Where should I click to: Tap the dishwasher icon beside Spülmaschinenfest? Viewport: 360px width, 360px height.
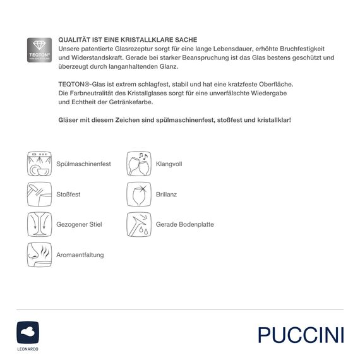pyautogui.click(x=38, y=164)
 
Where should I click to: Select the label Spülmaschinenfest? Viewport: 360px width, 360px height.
pyautogui.click(x=84, y=164)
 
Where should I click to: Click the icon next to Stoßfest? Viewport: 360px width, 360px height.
pyautogui.click(x=38, y=194)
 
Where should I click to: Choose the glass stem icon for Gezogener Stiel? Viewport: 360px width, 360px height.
pyautogui.click(x=38, y=224)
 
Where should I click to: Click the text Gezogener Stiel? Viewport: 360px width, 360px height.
pyautogui.click(x=80, y=225)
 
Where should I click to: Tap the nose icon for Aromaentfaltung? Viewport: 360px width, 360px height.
pyautogui.click(x=38, y=255)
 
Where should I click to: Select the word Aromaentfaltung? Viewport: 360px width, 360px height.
pyautogui.click(x=80, y=255)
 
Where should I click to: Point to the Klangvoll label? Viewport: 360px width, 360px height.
pyautogui.click(x=169, y=164)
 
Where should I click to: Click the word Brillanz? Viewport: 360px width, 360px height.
pyautogui.click(x=166, y=195)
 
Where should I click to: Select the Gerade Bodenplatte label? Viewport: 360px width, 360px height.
pyautogui.click(x=184, y=225)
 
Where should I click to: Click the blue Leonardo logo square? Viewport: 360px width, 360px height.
pyautogui.click(x=28, y=331)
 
